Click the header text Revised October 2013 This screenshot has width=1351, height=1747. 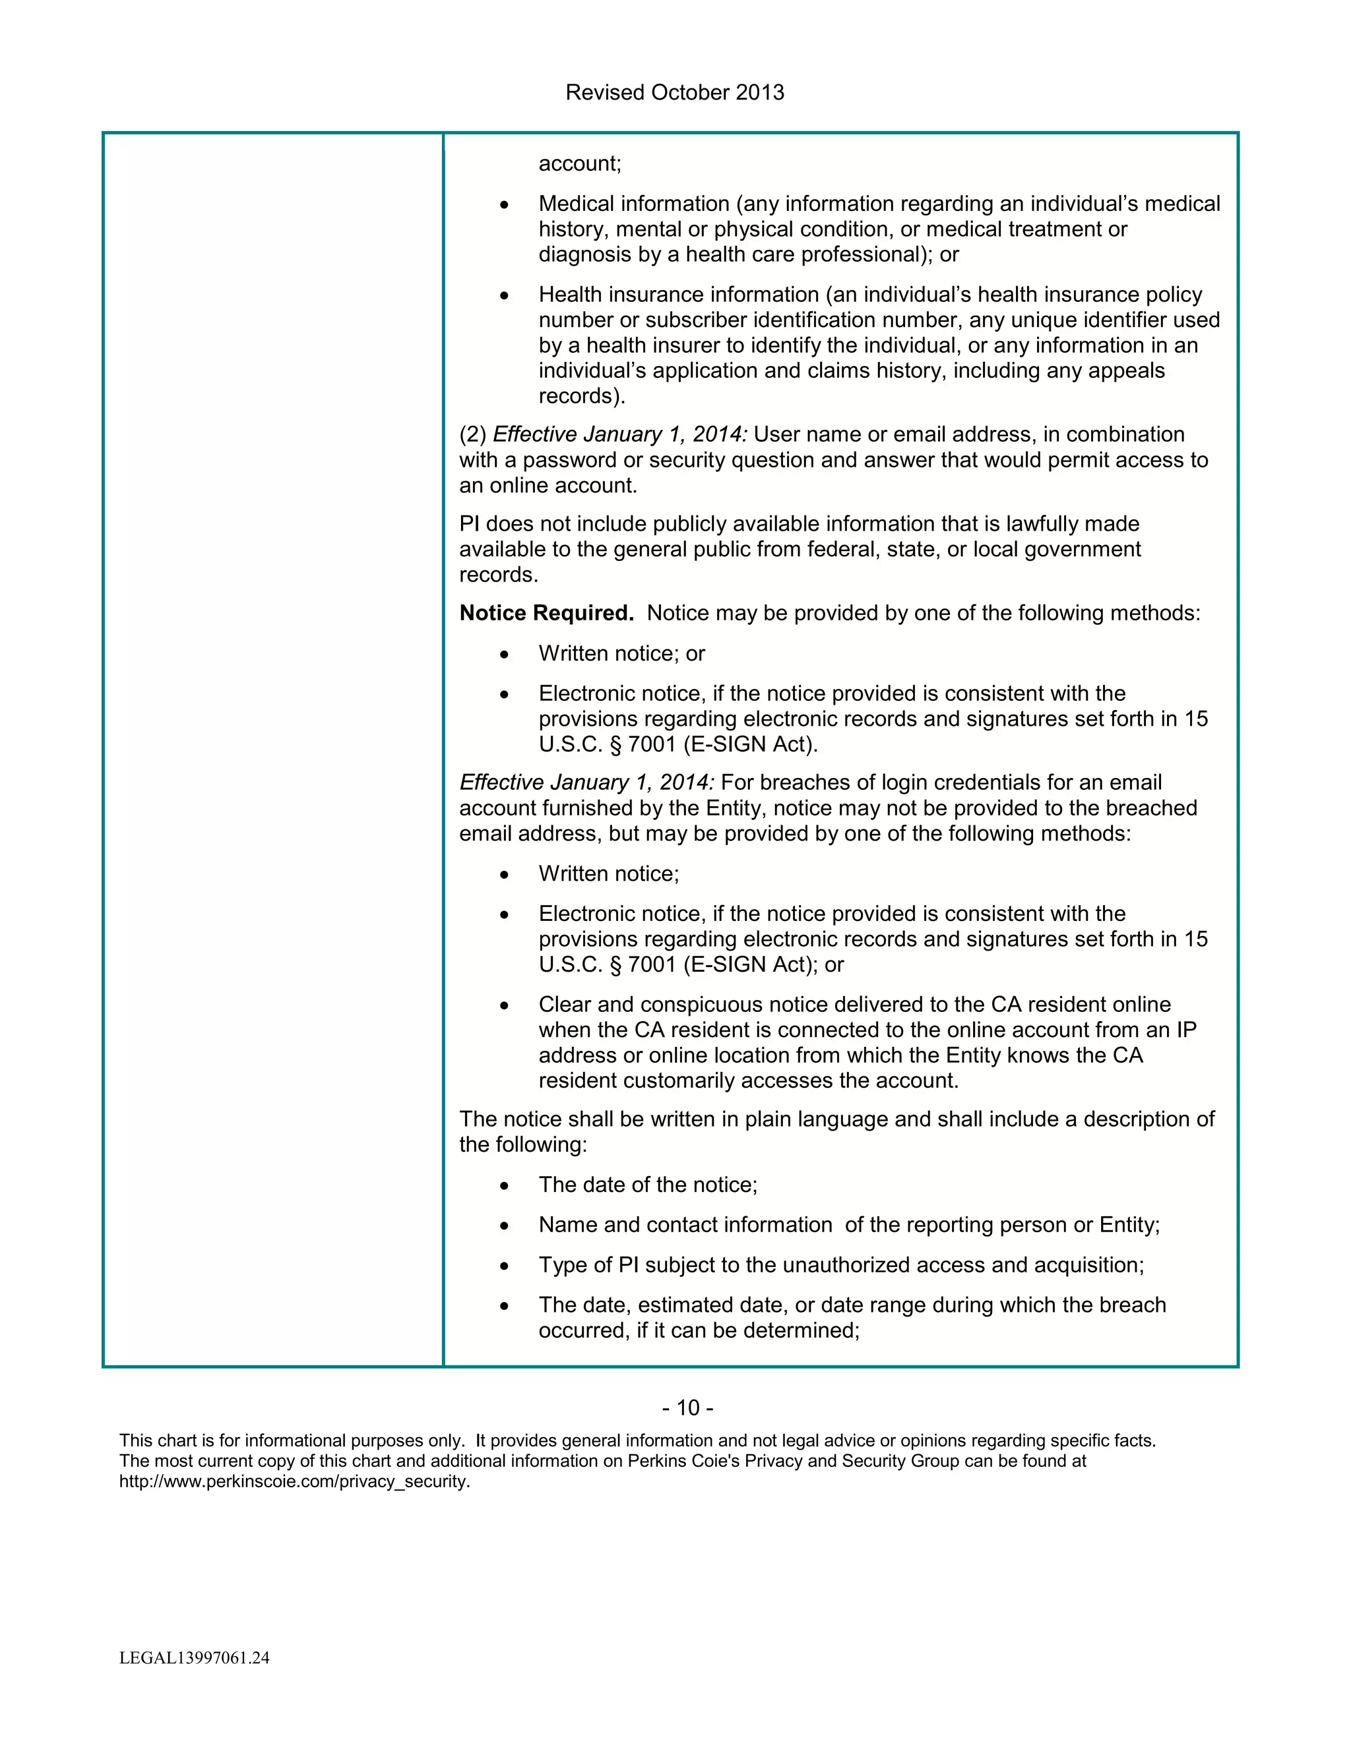674,93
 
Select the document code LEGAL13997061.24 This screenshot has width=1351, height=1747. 195,1657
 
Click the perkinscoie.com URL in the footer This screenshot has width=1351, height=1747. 294,1481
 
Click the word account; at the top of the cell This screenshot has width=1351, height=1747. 579,164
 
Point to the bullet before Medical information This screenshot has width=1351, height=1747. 503,206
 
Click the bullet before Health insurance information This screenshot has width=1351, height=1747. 503,296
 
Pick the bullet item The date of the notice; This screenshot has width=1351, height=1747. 648,1184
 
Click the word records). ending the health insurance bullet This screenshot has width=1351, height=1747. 581,396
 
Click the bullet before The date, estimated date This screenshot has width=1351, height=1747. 503,1306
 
